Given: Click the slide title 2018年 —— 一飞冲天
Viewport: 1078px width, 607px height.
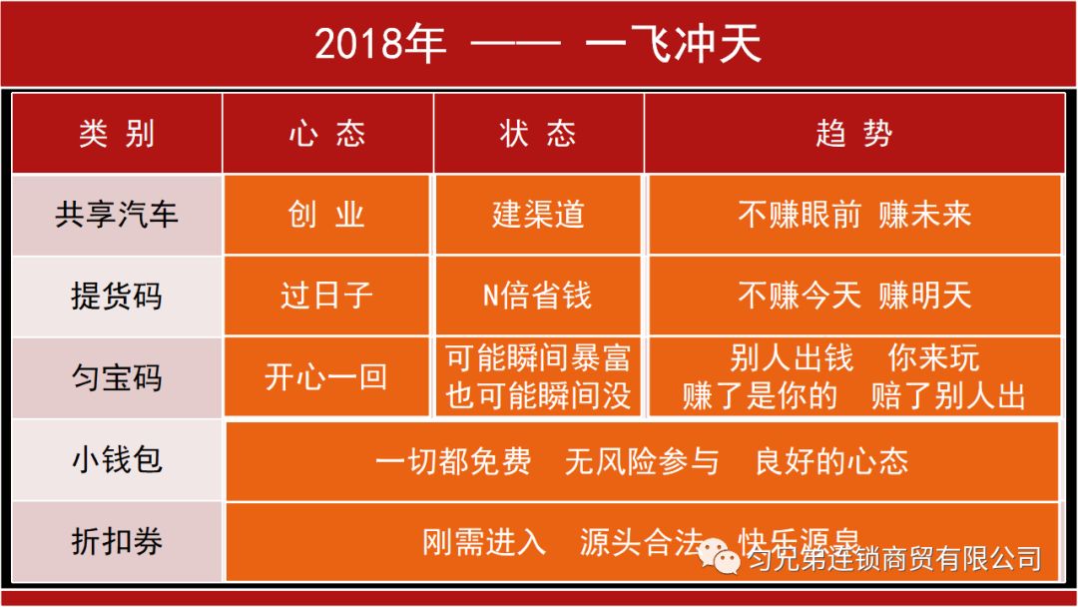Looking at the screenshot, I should [538, 43].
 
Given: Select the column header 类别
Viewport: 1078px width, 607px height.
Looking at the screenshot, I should [117, 134].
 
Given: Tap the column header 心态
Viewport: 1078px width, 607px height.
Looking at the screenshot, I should [327, 134].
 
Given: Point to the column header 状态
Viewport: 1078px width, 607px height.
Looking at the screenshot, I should [538, 134].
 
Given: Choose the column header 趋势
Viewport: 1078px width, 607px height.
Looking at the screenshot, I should [853, 134].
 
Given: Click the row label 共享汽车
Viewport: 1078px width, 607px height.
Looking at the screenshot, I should [117, 215].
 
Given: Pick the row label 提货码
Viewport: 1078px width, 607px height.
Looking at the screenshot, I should [117, 297].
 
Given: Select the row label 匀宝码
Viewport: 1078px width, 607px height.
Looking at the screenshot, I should [117, 378].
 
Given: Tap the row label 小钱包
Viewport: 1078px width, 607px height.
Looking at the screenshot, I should [117, 460].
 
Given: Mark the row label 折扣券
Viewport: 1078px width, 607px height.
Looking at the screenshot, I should [117, 541].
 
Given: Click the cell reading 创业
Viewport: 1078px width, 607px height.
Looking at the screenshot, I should [327, 215].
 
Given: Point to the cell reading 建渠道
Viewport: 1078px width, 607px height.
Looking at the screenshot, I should [538, 215].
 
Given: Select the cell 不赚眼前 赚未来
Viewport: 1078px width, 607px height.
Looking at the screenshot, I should [853, 215].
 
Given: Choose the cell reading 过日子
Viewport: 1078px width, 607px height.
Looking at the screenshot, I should [327, 297].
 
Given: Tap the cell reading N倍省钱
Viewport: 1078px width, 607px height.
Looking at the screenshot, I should [538, 297].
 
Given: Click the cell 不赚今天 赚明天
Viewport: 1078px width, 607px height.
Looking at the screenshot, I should [853, 297].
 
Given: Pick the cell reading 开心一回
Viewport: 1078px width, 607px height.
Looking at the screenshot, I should [327, 378].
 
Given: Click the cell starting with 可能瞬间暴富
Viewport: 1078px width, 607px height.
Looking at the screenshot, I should [538, 377].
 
